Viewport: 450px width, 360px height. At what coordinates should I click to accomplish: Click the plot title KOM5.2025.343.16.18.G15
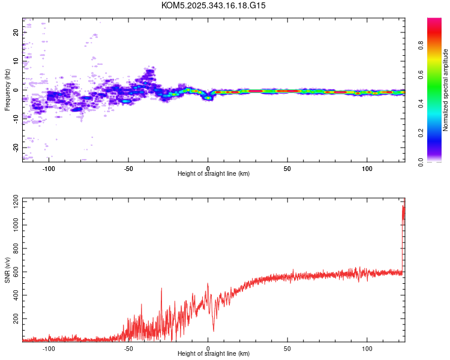[x=214, y=5]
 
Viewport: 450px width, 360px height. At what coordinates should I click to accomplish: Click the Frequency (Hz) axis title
[x=7, y=90]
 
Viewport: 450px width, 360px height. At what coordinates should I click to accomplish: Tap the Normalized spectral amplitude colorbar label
[x=446, y=90]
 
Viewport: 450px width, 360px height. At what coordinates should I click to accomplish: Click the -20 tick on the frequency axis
[x=16, y=147]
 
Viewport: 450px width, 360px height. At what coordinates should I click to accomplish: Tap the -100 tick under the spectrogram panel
[x=49, y=168]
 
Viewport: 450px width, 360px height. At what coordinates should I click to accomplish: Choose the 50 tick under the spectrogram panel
[x=287, y=168]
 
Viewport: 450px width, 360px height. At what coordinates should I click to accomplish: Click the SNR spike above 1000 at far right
[x=403, y=210]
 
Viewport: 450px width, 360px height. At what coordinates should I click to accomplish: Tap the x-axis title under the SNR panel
[x=214, y=354]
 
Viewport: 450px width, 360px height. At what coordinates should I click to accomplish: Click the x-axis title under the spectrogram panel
[x=214, y=174]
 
